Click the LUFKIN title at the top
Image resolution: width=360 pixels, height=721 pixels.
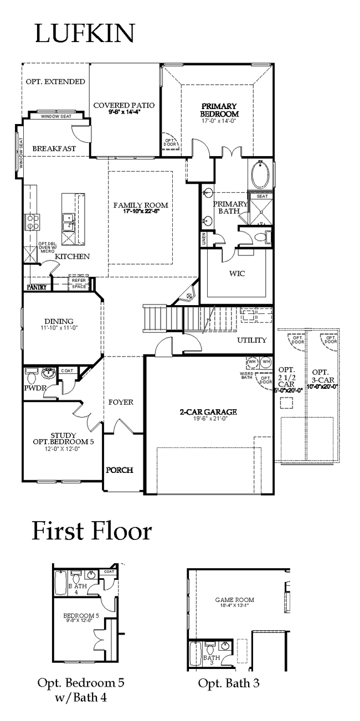(x=85, y=33)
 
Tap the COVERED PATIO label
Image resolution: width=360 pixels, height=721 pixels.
(x=124, y=105)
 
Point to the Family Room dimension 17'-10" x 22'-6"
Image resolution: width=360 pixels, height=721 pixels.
(x=141, y=211)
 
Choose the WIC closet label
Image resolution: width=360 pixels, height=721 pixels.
(x=237, y=273)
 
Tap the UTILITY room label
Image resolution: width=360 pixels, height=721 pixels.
(x=252, y=339)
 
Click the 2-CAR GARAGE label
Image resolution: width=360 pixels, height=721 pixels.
(x=208, y=411)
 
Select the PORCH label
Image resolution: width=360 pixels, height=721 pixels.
(x=120, y=470)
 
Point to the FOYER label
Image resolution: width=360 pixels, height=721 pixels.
(x=120, y=401)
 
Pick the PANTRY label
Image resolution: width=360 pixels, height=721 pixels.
(x=36, y=287)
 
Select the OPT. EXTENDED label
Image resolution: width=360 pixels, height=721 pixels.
(x=55, y=82)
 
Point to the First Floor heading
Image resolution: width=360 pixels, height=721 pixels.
(x=91, y=531)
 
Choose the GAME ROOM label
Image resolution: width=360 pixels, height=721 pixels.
(x=234, y=599)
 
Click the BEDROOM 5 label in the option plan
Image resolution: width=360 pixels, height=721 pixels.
(x=81, y=615)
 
